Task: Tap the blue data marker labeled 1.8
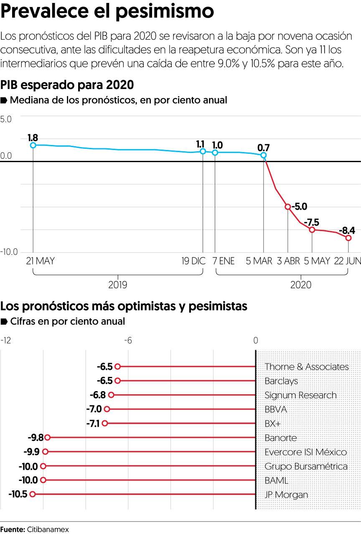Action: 33,145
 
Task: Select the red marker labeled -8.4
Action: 348,237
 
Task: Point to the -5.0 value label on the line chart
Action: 299,206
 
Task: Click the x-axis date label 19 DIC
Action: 193,261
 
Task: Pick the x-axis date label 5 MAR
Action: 259,261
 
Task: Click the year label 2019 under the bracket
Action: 118,285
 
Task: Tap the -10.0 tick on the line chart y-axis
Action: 9,252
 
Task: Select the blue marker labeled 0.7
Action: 264,155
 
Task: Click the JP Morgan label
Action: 286,495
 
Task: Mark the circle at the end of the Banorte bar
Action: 47,437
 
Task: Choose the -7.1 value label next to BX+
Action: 93,423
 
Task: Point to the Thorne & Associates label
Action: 306,367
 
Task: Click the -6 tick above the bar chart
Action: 127,341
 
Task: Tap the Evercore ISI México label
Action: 305,452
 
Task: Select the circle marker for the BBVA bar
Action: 107,409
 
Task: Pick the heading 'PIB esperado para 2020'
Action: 67,85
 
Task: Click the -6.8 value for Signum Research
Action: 97,395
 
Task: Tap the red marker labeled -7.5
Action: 312,229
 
